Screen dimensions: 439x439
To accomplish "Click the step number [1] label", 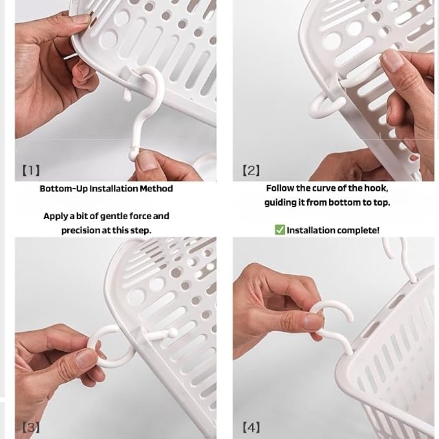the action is click(x=31, y=170).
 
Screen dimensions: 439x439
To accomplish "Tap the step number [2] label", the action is click(x=251, y=170).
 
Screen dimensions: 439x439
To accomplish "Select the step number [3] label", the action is click(x=31, y=427).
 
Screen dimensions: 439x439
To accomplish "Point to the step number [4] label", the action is click(x=251, y=427).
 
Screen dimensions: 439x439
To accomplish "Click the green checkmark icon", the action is click(x=280, y=230).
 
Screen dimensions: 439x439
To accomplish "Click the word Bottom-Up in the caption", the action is click(x=63, y=188).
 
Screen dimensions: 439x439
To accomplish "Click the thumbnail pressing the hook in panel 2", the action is click(x=391, y=59).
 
